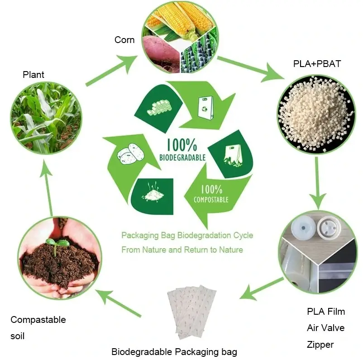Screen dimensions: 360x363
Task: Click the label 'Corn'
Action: (x=124, y=40)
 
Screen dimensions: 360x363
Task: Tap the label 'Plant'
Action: (x=33, y=75)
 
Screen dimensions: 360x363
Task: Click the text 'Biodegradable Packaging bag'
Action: (x=174, y=352)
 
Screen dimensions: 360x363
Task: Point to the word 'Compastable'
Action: (x=38, y=320)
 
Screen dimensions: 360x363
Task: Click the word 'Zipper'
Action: (x=320, y=345)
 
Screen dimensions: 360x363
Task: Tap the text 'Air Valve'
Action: (x=325, y=328)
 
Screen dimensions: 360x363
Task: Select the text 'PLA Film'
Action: (x=326, y=312)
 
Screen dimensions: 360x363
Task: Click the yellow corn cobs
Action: (x=179, y=18)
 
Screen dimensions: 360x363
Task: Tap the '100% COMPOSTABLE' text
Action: (x=210, y=193)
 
